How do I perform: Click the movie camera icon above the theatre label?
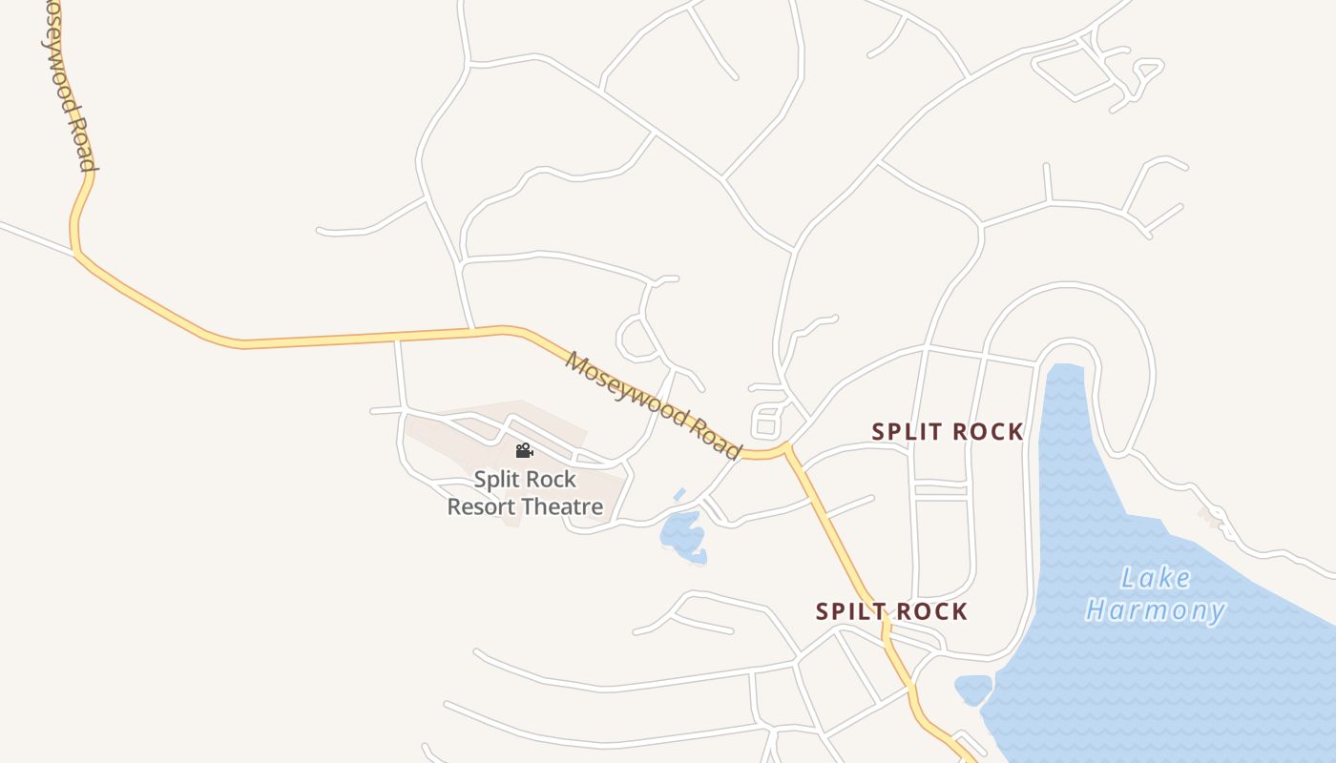(524, 451)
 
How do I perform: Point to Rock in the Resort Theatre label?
(554, 479)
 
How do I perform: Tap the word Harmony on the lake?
(1156, 610)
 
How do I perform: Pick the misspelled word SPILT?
(845, 611)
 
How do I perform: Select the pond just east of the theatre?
(683, 534)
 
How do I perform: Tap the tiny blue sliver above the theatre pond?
(679, 494)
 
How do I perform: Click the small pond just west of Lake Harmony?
(973, 689)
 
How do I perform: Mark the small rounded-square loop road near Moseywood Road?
(767, 421)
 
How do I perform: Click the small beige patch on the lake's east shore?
(1210, 517)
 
